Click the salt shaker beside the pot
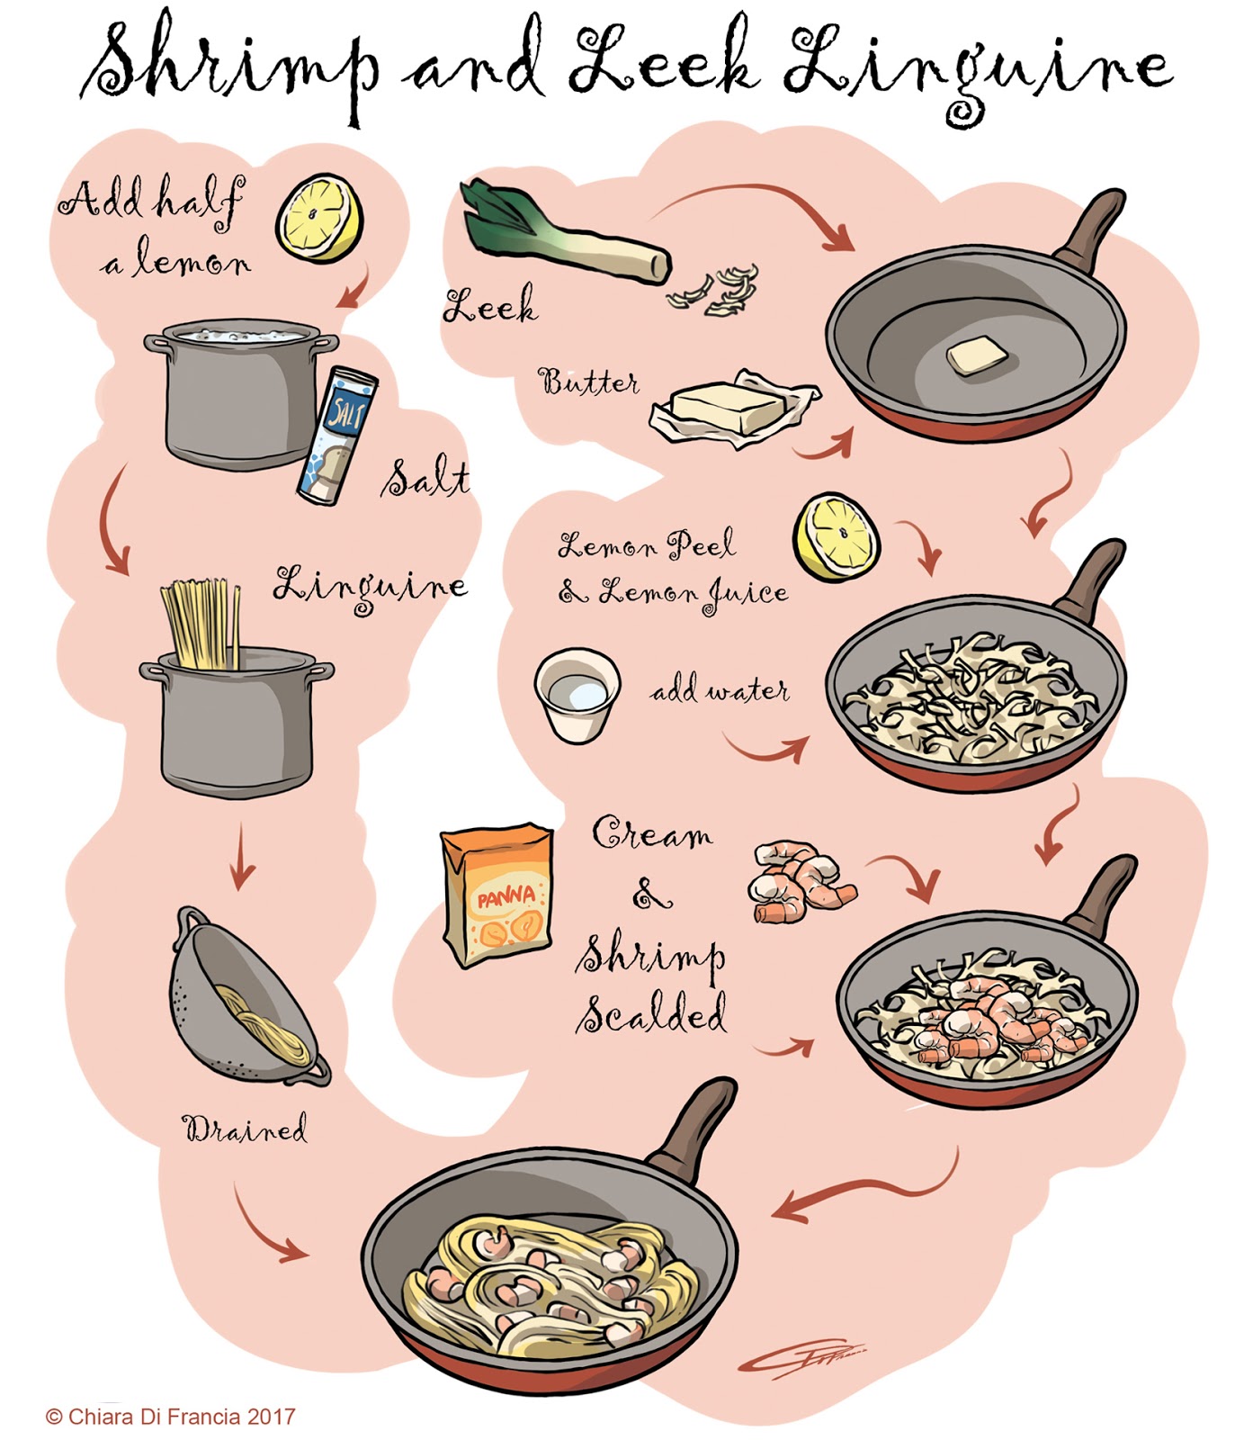(x=336, y=436)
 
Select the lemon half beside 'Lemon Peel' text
(x=836, y=536)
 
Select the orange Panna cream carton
(x=497, y=895)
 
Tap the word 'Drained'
(x=245, y=1128)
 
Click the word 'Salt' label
(x=424, y=479)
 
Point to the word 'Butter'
(x=588, y=382)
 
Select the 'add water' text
(x=720, y=690)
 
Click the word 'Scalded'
(x=652, y=1014)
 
